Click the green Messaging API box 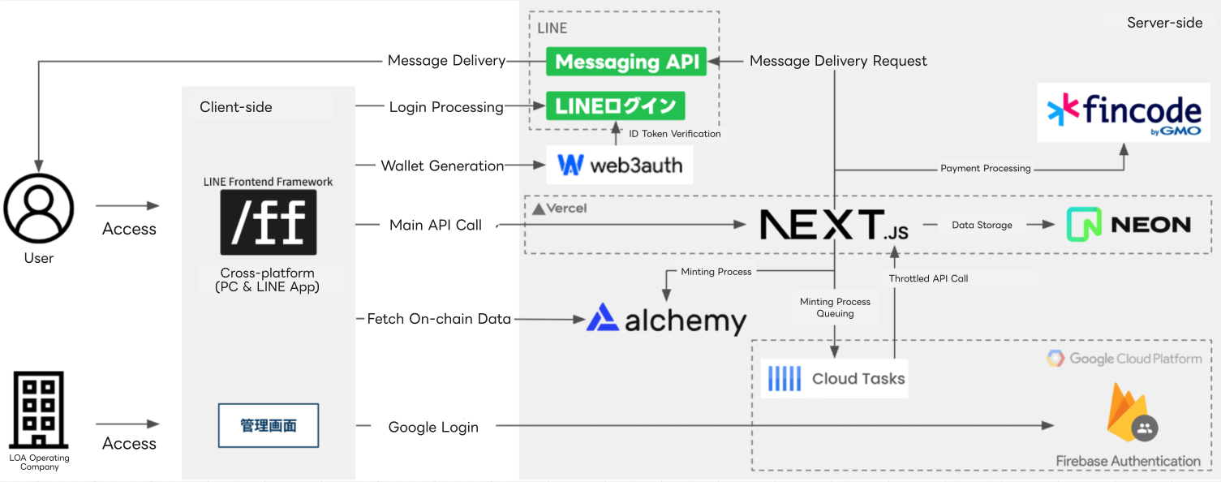(x=626, y=62)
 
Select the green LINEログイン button (x=615, y=105)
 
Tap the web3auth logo (x=620, y=166)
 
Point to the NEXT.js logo (x=834, y=225)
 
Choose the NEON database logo (x=1129, y=225)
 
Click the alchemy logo (x=666, y=319)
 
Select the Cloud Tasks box (x=836, y=378)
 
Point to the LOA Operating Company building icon (x=39, y=411)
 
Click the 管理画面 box (x=269, y=426)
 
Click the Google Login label (x=433, y=427)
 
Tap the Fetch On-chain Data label (x=439, y=319)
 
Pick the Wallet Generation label (x=442, y=166)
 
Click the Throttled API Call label (x=928, y=278)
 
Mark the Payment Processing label (x=985, y=169)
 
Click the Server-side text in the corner (x=1164, y=23)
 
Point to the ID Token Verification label (x=674, y=134)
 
